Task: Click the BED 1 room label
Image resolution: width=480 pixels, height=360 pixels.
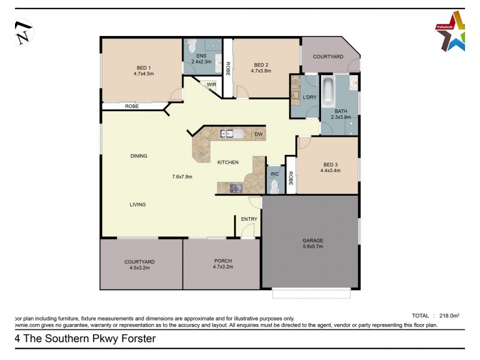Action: point(143,67)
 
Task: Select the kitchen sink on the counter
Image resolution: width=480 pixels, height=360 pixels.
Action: point(230,134)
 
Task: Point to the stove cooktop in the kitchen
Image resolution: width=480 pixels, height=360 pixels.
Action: point(235,188)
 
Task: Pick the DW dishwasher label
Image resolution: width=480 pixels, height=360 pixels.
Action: point(258,134)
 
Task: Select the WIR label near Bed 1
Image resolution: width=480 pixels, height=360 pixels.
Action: point(211,85)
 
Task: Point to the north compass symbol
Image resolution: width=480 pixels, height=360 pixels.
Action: point(25,32)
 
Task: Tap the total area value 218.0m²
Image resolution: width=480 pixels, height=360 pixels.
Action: point(449,315)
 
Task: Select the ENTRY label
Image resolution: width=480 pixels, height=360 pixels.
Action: point(249,219)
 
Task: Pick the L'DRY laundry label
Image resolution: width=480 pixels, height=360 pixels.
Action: point(310,97)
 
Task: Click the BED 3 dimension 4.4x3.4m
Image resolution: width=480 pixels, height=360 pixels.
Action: point(331,170)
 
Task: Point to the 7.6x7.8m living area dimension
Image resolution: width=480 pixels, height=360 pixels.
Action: point(182,176)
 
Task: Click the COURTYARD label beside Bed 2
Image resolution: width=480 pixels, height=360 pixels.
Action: point(328,56)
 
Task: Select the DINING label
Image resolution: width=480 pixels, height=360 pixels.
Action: point(139,156)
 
